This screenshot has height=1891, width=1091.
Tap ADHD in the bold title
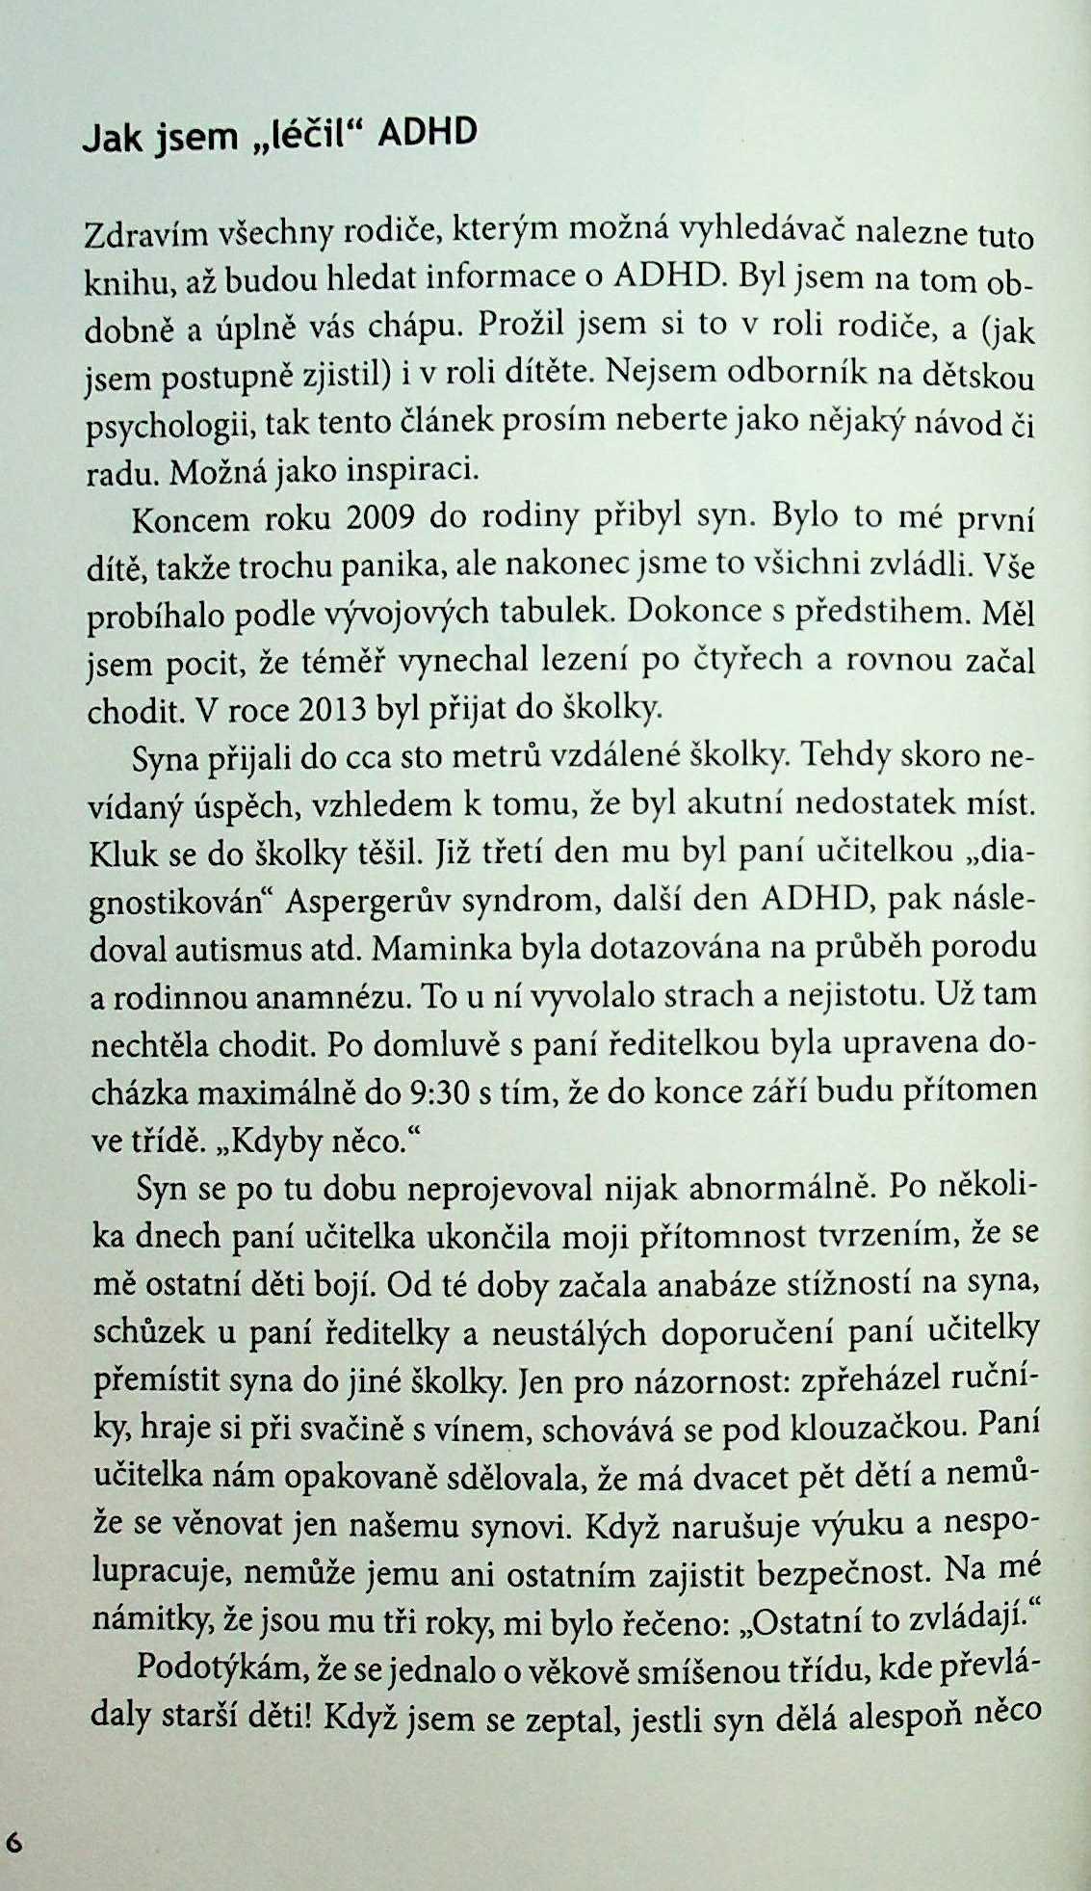click(428, 132)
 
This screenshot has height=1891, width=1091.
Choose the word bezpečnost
click(845, 1573)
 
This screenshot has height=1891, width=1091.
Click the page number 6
click(15, 1841)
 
